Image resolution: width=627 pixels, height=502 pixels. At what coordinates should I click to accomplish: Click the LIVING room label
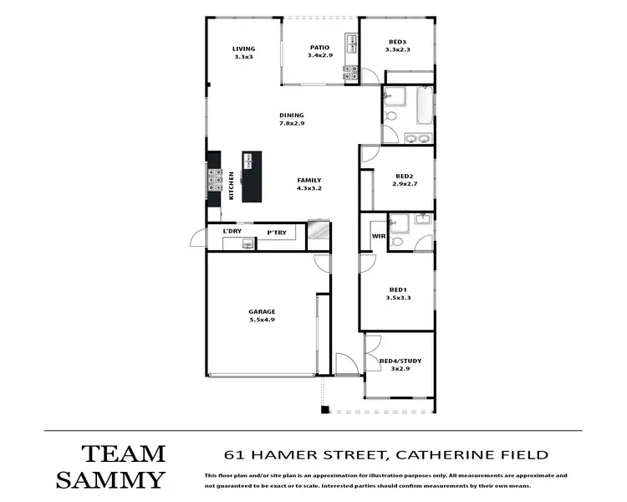(x=243, y=49)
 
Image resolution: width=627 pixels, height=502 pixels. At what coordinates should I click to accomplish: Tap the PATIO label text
(x=319, y=48)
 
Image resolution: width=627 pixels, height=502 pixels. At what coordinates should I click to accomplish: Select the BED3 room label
(x=397, y=42)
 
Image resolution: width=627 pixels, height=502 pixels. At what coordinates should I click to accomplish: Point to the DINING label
(x=292, y=115)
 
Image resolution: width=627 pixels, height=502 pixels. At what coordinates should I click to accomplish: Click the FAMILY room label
(x=308, y=181)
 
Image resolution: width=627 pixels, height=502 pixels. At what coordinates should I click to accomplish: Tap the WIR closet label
(x=378, y=237)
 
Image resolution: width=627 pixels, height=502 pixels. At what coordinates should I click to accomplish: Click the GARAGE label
(x=262, y=311)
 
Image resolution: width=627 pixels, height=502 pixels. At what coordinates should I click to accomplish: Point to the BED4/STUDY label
(x=400, y=361)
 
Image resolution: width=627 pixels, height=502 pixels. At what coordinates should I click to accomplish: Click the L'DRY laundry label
(x=232, y=231)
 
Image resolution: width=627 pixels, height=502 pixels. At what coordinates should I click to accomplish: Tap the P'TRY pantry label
(x=277, y=232)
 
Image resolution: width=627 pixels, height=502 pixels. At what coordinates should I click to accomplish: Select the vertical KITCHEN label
(x=231, y=185)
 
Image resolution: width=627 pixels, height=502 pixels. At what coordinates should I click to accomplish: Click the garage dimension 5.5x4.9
(x=262, y=320)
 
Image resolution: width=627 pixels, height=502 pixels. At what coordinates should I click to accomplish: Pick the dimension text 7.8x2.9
(x=292, y=124)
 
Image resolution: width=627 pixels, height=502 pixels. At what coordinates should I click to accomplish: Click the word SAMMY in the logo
(x=110, y=479)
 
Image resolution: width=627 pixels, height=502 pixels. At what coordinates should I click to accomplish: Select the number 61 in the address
(x=235, y=455)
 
